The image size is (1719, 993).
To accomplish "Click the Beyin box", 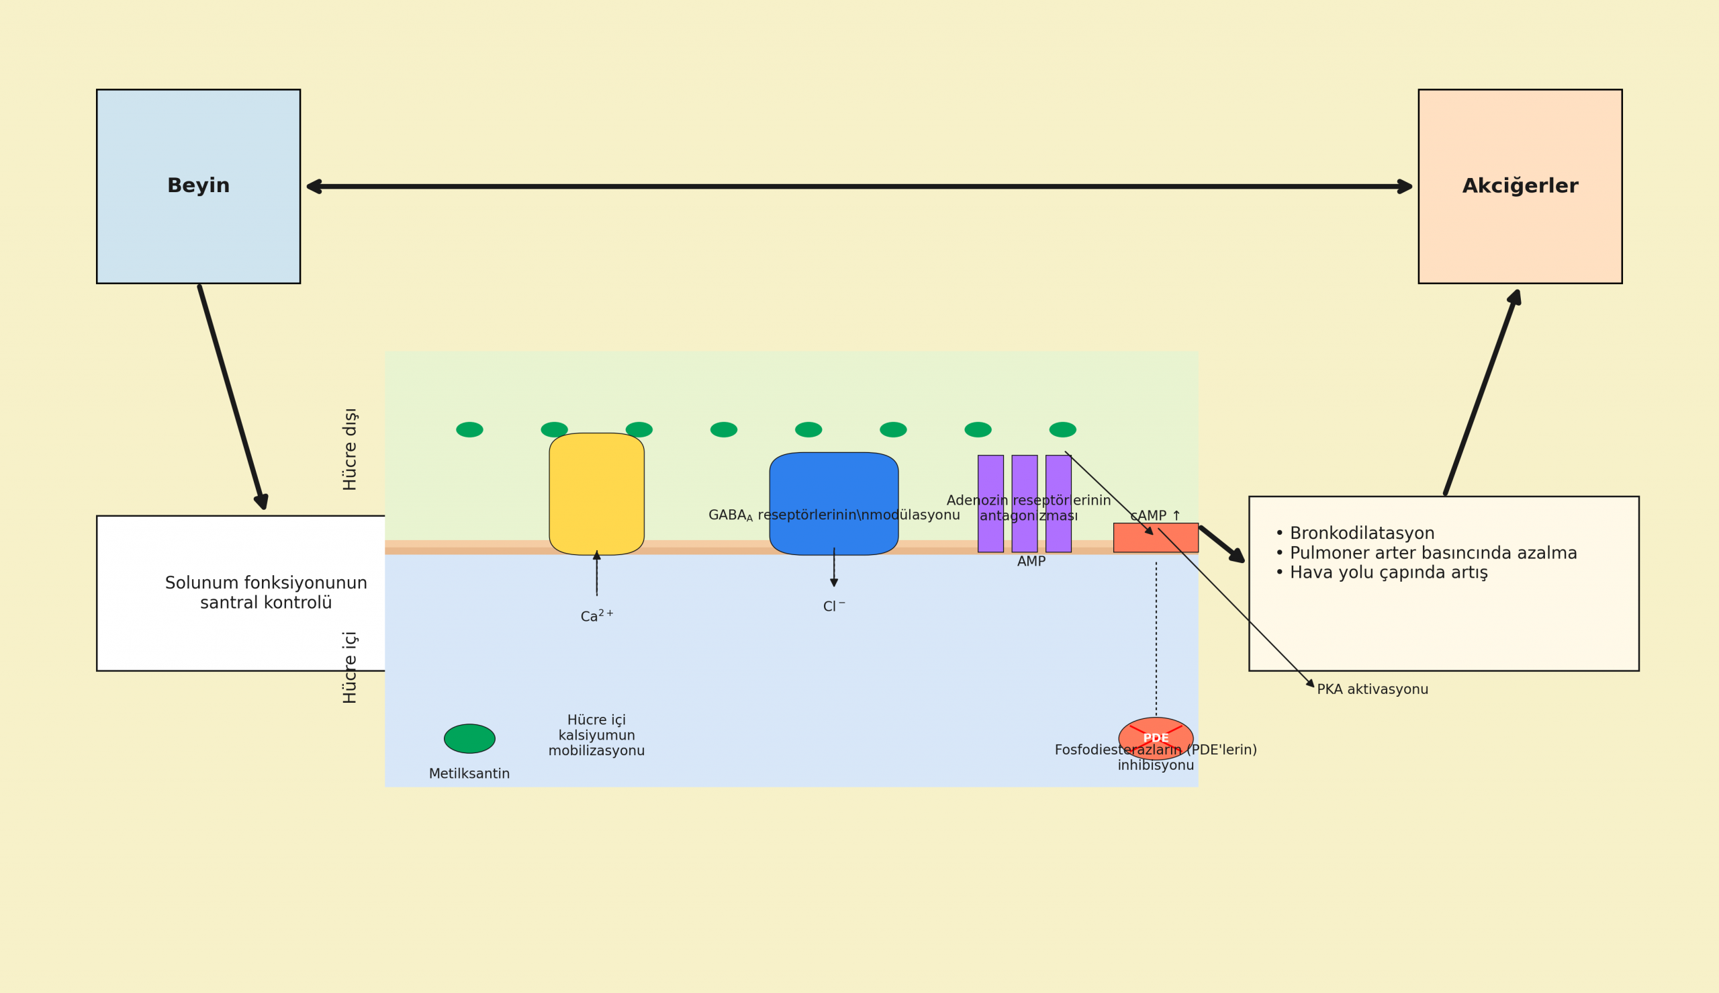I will tap(197, 185).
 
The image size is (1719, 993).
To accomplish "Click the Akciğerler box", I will tap(1520, 185).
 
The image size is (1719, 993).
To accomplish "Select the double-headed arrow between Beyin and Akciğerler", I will tap(859, 186).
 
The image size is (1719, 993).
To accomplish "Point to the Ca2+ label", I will tap(596, 617).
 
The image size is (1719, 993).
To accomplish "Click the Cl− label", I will tap(833, 606).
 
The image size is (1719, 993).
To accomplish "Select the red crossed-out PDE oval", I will tap(1156, 738).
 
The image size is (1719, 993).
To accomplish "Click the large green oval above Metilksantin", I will tap(469, 738).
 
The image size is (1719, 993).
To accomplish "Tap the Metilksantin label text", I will tap(469, 774).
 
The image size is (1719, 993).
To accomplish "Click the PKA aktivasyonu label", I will tap(1372, 689).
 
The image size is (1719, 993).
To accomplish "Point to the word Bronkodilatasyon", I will tap(1362, 533).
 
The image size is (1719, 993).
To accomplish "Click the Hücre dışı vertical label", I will tap(350, 449).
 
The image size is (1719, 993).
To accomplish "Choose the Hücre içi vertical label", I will tap(350, 667).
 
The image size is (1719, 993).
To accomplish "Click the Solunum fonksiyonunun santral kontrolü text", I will tap(266, 593).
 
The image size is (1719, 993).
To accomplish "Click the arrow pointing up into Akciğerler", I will tap(1481, 392).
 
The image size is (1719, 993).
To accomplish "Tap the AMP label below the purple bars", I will tap(1031, 561).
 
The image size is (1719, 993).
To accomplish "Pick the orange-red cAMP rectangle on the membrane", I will tap(1156, 537).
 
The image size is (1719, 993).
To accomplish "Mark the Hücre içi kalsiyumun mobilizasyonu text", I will tap(596, 735).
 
